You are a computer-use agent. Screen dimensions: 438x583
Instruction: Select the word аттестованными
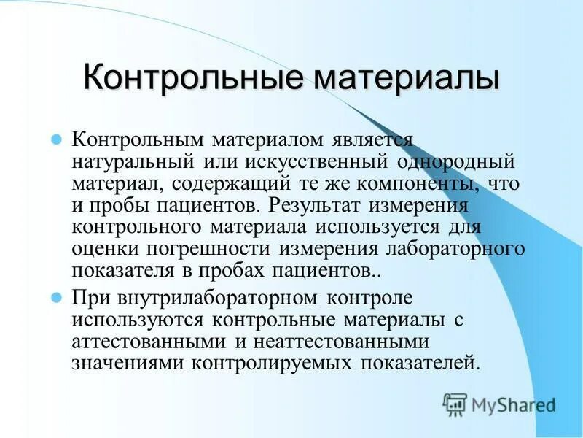pyautogui.click(x=147, y=342)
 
